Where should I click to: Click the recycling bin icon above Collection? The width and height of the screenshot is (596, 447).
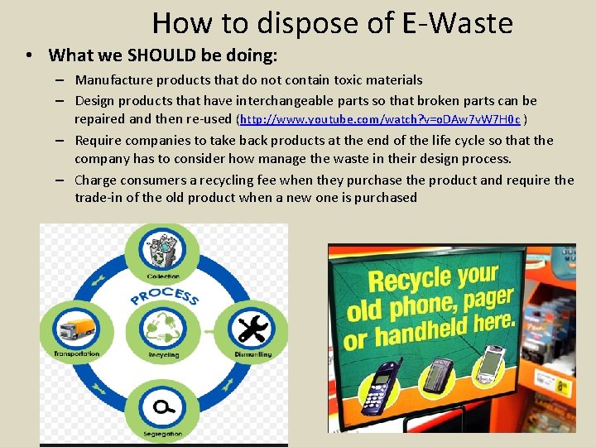163,250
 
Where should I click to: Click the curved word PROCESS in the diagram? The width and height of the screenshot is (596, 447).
163,295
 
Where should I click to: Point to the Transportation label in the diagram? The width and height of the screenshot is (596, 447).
76,353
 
